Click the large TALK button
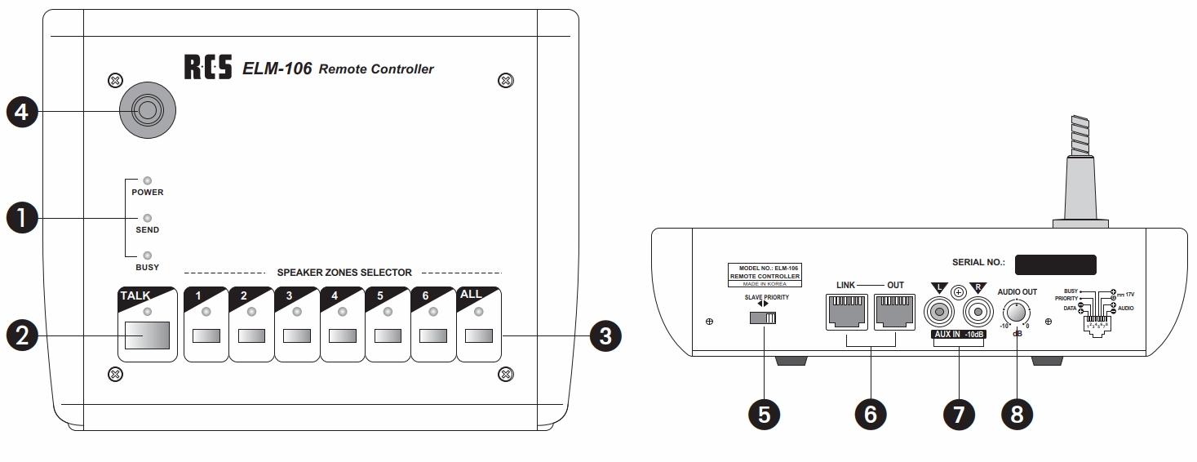(148, 335)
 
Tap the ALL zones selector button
(479, 335)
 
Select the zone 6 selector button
(433, 335)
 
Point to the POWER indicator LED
(148, 181)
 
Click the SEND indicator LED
(148, 219)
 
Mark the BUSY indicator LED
(148, 255)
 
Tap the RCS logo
(209, 69)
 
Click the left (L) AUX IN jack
(939, 312)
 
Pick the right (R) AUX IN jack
(978, 312)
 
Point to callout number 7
(959, 415)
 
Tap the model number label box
(765, 275)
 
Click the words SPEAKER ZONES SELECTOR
(344, 272)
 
